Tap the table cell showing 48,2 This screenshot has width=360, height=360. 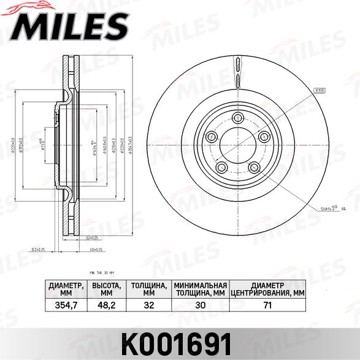[x=106, y=304]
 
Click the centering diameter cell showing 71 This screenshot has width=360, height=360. [x=266, y=304]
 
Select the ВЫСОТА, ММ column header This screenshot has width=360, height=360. [x=106, y=289]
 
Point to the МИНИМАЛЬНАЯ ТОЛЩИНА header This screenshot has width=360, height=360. [x=200, y=289]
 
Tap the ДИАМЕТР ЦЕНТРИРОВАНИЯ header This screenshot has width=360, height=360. [x=266, y=289]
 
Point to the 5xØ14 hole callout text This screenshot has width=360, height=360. [x=327, y=209]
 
